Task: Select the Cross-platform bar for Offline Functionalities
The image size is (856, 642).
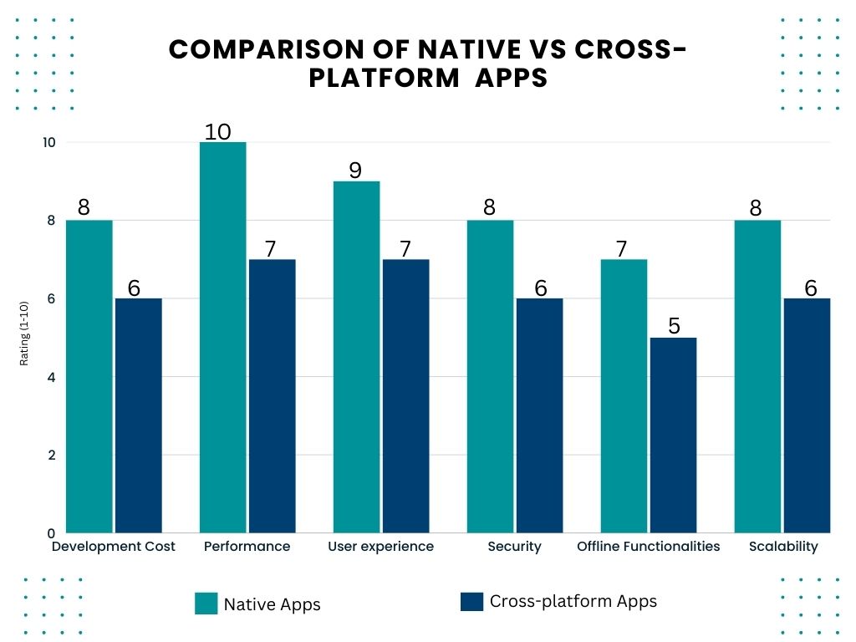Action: tap(673, 435)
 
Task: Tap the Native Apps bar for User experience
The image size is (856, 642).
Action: tap(356, 357)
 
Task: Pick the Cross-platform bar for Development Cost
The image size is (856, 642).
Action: tap(138, 415)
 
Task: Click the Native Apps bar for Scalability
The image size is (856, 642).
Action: tap(757, 376)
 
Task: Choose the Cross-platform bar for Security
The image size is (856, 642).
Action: tap(539, 415)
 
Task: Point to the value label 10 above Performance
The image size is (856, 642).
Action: tap(222, 131)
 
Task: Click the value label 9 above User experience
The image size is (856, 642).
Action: tap(355, 171)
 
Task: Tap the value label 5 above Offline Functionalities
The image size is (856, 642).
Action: tap(674, 326)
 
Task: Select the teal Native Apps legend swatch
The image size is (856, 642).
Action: tap(206, 604)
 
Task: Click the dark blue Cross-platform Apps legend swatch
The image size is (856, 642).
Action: tap(471, 602)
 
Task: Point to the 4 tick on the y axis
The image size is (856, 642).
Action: tap(50, 377)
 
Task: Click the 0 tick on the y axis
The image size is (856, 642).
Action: tap(50, 533)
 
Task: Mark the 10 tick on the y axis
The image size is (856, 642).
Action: tap(49, 142)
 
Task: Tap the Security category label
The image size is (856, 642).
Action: tap(514, 547)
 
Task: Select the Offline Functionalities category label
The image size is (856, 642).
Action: tap(648, 547)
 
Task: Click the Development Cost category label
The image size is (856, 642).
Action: tap(114, 547)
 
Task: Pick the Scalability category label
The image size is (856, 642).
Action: tap(783, 547)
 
